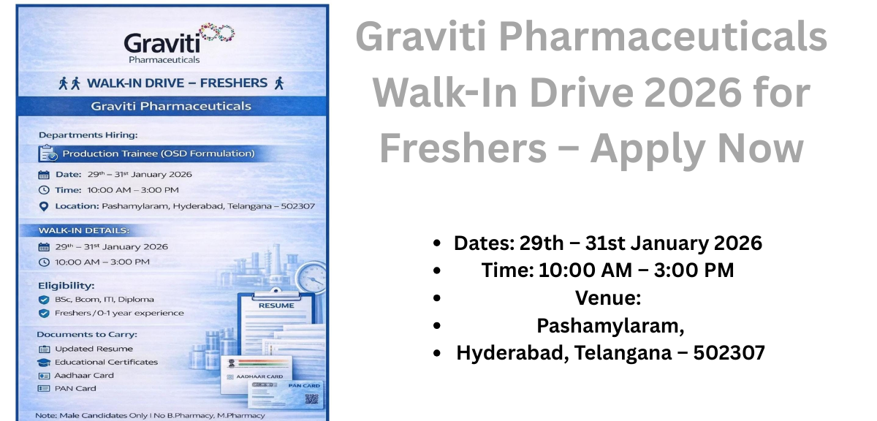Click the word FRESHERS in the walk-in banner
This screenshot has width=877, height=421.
232,83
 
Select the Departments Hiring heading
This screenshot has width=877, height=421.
88,134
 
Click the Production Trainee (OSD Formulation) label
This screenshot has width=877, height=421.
158,153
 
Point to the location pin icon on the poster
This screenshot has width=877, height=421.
44,206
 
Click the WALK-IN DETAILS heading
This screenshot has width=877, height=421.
83,230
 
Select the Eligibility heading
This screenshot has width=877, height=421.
67,285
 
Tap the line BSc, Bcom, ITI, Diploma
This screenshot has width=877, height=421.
105,299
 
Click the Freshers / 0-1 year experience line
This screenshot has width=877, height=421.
119,313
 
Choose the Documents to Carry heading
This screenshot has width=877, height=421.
87,334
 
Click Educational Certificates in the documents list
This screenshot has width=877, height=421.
106,362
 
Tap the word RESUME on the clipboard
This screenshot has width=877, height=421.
276,306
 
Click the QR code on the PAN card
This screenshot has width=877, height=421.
312,398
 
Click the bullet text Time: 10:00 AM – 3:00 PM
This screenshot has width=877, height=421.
607,270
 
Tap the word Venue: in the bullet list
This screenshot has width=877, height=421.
607,298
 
